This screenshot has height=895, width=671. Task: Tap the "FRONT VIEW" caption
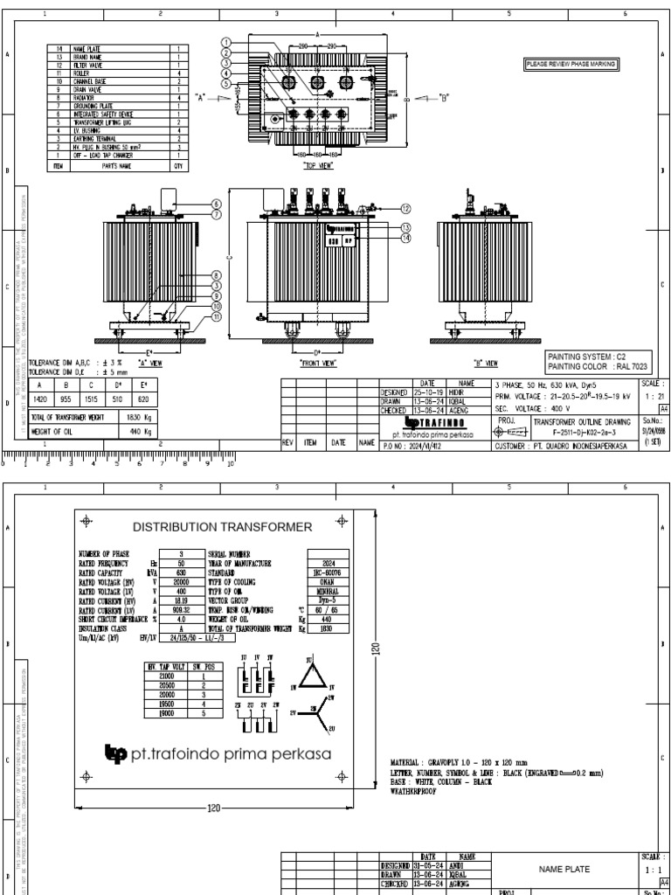(x=319, y=361)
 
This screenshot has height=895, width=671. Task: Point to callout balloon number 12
(x=405, y=208)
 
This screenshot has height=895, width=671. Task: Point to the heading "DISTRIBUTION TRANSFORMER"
(x=221, y=527)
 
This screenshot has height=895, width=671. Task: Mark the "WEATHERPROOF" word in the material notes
(x=412, y=791)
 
